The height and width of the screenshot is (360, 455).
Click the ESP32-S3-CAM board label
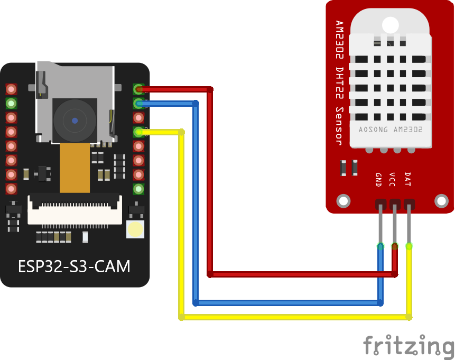pos(74,265)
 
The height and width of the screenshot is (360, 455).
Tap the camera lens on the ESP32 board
pos(75,121)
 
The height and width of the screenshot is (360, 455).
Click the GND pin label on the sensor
pos(378,180)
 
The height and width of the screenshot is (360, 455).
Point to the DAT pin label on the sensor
pos(407,179)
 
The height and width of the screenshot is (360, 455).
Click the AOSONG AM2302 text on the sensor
pos(389,130)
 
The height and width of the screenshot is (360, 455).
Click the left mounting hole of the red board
pos(343,201)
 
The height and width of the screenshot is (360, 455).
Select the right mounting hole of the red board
pos(441,201)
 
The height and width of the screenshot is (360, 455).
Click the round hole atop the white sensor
pos(390,24)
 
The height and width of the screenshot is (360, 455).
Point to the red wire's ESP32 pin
pos(138,89)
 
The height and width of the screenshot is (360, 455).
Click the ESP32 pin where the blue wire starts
pos(138,103)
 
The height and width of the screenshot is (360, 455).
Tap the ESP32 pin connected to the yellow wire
pos(138,132)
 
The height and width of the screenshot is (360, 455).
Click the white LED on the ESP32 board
pos(135,229)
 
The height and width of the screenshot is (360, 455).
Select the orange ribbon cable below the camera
pos(75,168)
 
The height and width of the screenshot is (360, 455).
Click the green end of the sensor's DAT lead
pos(409,246)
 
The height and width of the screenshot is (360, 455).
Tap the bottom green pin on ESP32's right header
pos(138,189)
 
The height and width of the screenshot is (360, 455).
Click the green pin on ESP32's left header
pos(11,103)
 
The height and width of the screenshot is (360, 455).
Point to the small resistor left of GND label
pos(343,168)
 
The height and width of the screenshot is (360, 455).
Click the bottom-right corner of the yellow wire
pos(409,317)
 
